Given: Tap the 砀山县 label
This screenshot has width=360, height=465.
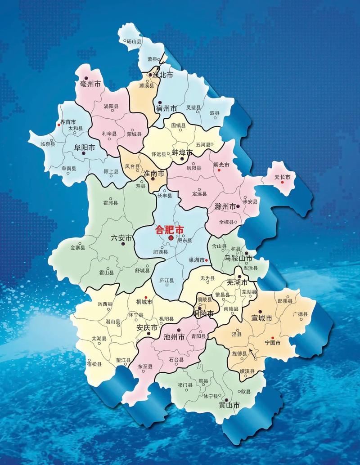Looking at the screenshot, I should point(134,41).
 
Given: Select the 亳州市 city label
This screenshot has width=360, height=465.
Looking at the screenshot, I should point(90,84).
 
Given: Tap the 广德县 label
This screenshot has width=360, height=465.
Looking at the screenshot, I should point(300,314).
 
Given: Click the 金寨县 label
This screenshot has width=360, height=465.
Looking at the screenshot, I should point(78,247).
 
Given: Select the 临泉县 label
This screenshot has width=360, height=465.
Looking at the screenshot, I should point(48,144).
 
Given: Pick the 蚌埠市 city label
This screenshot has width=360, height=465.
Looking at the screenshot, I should point(182,153).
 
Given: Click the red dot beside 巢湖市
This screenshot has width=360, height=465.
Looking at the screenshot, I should point(206,260).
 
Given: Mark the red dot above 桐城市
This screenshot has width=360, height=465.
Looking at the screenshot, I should point(146,297).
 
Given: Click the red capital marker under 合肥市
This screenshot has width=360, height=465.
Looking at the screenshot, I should point(171,238).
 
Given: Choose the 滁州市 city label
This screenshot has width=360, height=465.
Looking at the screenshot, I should point(226,207).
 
